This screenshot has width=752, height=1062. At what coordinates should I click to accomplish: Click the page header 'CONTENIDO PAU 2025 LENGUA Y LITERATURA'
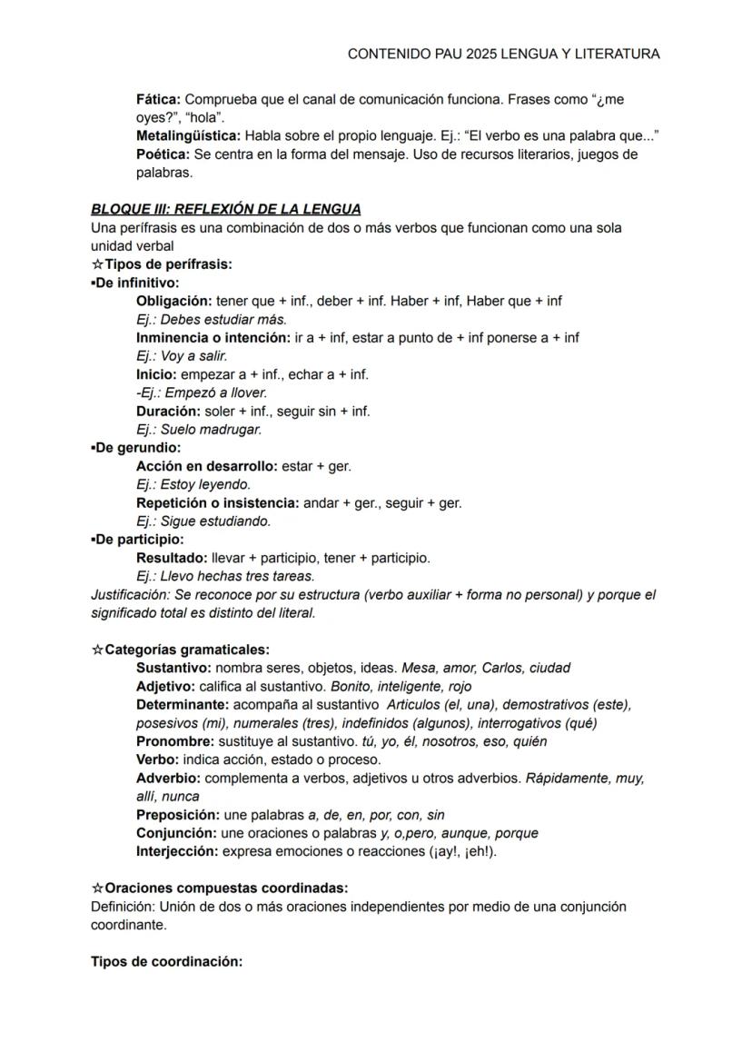tap(503, 55)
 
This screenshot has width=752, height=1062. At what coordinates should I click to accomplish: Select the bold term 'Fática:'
tap(158, 99)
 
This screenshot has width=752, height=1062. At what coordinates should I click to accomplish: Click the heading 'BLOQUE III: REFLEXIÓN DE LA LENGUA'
tap(226, 210)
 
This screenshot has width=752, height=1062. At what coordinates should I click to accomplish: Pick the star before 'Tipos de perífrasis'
tap(97, 264)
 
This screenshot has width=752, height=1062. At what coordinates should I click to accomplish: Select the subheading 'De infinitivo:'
tap(136, 283)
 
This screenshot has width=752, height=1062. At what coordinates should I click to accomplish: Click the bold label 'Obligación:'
tap(173, 301)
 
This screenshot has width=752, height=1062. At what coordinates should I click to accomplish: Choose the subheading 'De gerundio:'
tap(137, 448)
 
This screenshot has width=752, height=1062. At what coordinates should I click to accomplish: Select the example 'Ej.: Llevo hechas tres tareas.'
tap(224, 576)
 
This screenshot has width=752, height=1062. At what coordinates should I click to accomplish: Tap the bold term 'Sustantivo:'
tap(173, 668)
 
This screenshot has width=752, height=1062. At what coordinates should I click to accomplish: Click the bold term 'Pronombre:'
tap(174, 741)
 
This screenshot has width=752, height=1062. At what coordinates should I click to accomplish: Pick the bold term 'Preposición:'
tap(177, 815)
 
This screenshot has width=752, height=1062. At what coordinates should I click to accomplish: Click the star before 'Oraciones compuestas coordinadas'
tap(97, 888)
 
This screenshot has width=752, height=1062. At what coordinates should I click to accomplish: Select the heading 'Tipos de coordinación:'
tap(166, 961)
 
